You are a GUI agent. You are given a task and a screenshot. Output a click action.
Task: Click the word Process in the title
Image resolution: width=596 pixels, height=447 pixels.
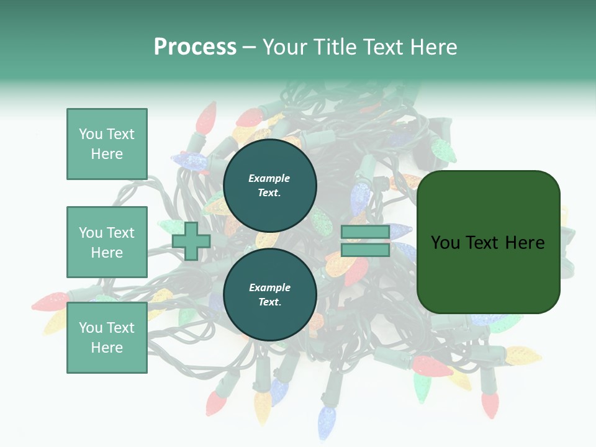tap(195, 47)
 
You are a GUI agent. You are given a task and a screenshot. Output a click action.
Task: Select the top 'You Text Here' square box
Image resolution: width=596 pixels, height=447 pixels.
tap(107, 144)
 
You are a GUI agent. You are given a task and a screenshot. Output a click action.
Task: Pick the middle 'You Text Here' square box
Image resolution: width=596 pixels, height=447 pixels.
tap(107, 242)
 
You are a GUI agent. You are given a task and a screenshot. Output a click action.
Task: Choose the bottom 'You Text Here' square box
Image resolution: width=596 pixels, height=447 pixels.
tap(107, 337)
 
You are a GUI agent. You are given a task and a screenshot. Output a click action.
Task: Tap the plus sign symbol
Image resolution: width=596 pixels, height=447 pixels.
tap(191, 242)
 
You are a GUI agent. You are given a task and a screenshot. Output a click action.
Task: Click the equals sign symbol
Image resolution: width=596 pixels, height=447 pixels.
tap(365, 241)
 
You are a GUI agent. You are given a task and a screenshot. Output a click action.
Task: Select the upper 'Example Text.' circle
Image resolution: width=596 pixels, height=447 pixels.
tap(269, 185)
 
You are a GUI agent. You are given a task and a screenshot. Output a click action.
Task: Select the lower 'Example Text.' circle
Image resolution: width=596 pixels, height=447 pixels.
tap(269, 294)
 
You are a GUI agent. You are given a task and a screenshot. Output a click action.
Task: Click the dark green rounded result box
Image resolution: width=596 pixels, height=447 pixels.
tap(488, 242)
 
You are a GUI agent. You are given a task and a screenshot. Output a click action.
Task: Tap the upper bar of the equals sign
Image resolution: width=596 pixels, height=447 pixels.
tap(365, 232)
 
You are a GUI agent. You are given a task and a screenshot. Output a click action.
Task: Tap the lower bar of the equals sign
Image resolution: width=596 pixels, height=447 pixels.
tap(365, 250)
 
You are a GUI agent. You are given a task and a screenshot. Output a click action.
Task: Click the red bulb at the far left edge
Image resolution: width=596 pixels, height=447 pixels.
tap(50, 302)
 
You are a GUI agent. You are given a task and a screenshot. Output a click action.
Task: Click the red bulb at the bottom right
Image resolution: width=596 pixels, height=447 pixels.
tap(490, 404)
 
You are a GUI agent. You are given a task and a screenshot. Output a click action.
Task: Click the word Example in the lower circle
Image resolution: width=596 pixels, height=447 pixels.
tap(269, 287)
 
